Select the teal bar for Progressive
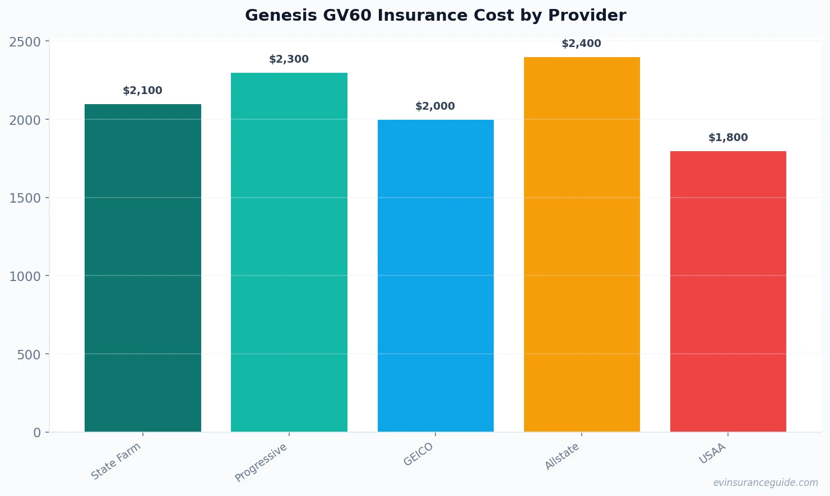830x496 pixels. (289, 252)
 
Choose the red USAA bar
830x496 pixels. (728, 291)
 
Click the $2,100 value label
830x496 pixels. (142, 91)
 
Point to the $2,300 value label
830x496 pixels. (289, 59)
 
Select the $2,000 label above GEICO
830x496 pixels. (435, 106)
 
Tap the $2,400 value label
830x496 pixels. (581, 44)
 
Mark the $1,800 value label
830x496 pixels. (728, 138)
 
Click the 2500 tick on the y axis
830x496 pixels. (25, 42)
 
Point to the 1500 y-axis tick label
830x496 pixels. (25, 198)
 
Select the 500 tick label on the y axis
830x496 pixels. (29, 354)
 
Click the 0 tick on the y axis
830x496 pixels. (37, 433)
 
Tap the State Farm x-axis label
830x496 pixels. (116, 461)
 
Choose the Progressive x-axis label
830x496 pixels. (261, 462)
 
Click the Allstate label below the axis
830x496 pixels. (562, 456)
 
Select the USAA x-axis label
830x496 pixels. (712, 453)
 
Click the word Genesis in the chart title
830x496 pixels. (281, 16)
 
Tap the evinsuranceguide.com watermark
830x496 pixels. (766, 483)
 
